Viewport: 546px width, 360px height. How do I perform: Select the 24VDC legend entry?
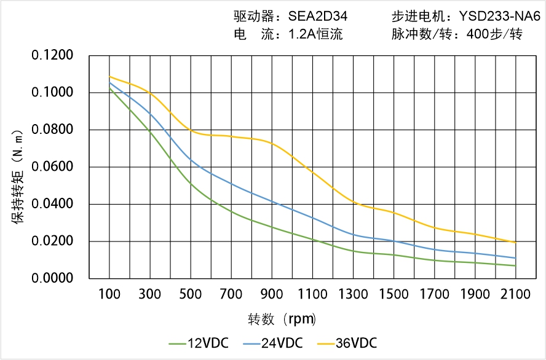(280, 343)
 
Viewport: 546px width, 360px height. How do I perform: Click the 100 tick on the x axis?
(109, 295)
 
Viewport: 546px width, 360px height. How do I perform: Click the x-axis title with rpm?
(282, 319)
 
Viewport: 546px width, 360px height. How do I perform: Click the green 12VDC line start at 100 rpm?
(110, 89)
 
